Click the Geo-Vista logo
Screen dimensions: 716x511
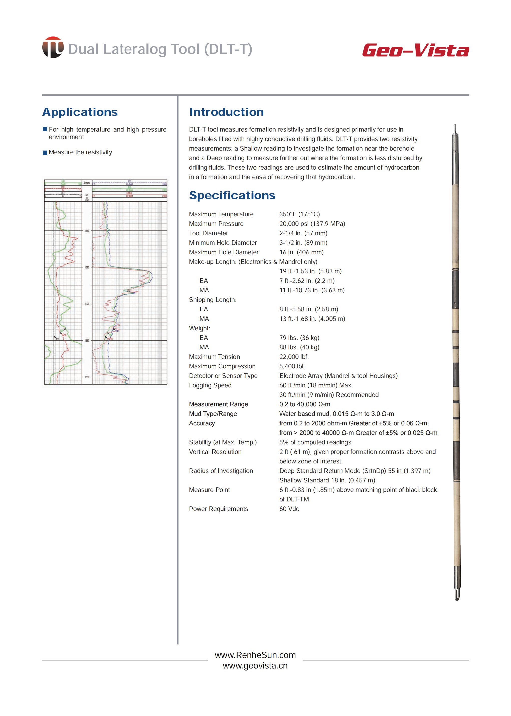415,50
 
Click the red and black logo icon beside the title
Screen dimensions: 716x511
53,48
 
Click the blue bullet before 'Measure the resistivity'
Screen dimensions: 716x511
45,153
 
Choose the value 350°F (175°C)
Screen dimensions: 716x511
299,214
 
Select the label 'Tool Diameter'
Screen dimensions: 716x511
208,233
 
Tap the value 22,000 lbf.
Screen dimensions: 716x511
294,357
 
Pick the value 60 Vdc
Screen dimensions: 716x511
289,509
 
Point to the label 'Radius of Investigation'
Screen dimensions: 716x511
221,471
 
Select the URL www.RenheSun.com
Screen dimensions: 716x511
255,655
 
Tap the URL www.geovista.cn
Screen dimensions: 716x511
255,666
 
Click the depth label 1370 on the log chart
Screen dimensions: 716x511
87,304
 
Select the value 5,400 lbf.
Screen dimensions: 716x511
292,366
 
